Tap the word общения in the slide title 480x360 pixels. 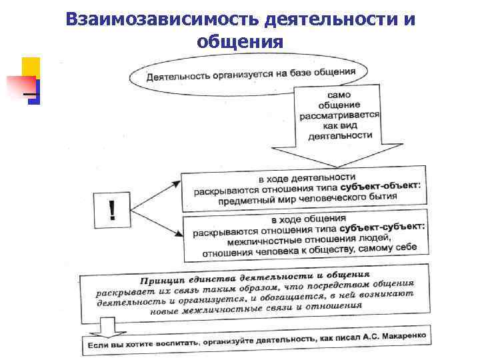point(240,42)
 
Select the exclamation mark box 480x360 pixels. point(112,211)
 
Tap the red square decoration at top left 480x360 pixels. point(21,85)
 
